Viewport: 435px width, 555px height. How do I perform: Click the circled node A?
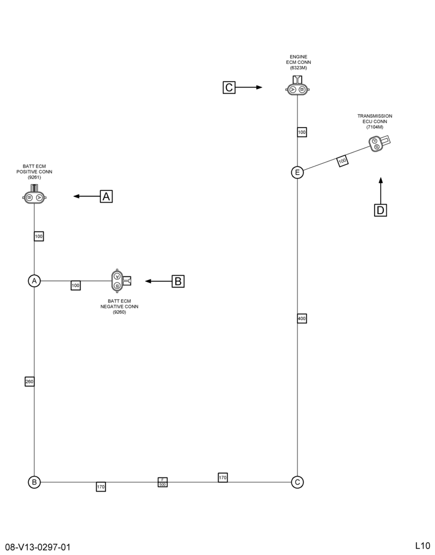coord(34,281)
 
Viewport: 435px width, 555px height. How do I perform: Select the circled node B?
coord(34,482)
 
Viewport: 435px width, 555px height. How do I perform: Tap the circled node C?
coord(297,482)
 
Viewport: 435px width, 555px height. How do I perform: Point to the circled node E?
coord(297,173)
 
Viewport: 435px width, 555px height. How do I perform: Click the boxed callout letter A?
coord(106,196)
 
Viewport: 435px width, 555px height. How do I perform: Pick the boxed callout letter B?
coord(178,281)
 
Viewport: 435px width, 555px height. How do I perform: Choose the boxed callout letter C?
coord(229,88)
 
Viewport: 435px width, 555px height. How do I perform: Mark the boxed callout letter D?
coord(381,210)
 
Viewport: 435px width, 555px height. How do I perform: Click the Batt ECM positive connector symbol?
coord(34,195)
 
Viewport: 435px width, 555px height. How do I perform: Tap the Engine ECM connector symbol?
coord(297,87)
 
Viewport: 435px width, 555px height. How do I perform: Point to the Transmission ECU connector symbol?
coord(379,143)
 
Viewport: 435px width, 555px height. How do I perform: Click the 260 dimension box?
coord(29,382)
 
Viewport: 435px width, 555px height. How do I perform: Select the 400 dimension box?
coord(302,319)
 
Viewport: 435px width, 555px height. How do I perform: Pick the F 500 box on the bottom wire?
coord(163,482)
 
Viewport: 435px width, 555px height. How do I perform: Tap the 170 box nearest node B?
coord(101,487)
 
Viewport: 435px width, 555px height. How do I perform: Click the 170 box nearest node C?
coord(222,477)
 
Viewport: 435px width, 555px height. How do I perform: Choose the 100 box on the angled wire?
coord(342,161)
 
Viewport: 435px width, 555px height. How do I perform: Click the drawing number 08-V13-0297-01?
coord(38,547)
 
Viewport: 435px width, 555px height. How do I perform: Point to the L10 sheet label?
coord(423,545)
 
